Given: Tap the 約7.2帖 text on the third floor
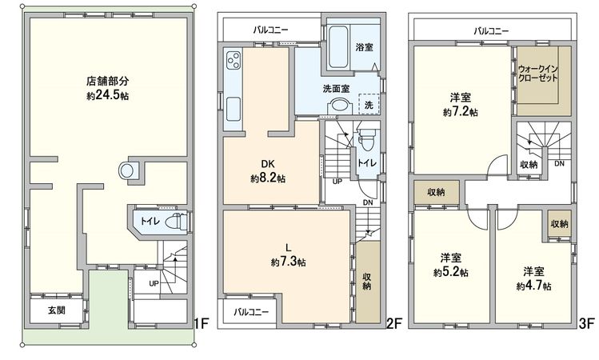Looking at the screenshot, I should click(x=461, y=113).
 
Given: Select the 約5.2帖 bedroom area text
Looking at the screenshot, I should click(x=453, y=272).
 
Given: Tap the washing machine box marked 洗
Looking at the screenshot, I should click(x=369, y=106).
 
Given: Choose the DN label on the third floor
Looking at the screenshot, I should click(x=559, y=164).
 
